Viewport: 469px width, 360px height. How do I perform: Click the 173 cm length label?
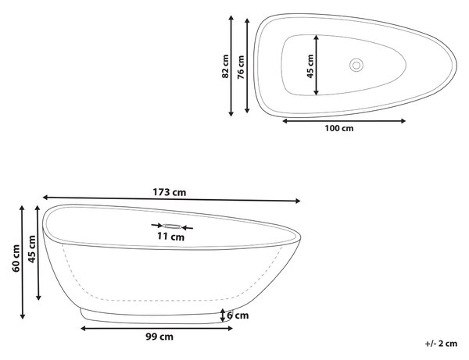[170, 192]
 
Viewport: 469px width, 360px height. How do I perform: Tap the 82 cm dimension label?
[225, 66]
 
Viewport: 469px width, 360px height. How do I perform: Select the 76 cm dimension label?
[241, 67]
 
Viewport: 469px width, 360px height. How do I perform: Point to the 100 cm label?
[339, 128]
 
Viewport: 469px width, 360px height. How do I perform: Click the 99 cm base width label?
[159, 337]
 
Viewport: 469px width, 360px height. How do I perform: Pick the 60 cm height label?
[16, 258]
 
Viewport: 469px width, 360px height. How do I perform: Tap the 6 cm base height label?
[238, 315]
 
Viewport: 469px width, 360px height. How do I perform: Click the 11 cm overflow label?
[170, 237]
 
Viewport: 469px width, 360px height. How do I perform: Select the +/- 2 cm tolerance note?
[441, 344]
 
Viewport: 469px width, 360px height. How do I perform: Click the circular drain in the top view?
[356, 65]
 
